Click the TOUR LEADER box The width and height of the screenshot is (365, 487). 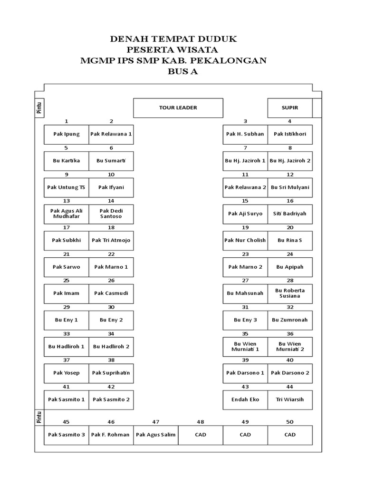point(178,108)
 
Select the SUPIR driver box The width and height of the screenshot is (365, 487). point(289,108)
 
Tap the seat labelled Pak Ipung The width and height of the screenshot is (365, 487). point(67,134)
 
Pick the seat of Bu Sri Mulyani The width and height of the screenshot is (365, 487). point(290,187)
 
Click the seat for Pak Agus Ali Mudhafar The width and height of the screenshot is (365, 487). point(67,214)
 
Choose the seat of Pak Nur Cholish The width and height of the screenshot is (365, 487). point(245,241)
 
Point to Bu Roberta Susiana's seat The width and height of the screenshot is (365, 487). point(290,293)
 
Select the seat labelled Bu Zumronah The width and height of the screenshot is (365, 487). point(290,320)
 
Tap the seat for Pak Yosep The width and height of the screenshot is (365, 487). point(67,373)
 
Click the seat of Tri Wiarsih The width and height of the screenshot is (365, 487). point(290,399)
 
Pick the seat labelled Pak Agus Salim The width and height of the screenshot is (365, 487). point(156,435)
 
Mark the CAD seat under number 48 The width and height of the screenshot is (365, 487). point(201,435)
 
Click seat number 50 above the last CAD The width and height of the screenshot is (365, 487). point(290,422)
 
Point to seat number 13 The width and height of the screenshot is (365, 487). point(67,201)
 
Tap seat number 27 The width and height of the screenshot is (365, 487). point(245,281)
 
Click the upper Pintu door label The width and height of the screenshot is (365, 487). point(40,108)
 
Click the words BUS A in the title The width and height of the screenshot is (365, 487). point(182,72)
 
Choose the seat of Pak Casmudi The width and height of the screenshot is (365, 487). point(111,293)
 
